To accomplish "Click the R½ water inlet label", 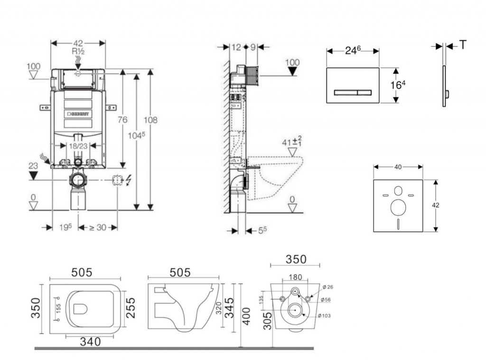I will (x=78, y=51).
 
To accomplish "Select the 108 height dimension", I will (x=151, y=120).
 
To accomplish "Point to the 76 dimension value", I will (x=122, y=120).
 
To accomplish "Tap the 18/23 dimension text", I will (x=77, y=146).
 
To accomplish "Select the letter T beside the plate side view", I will (x=462, y=45).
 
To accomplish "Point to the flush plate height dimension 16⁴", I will (x=398, y=85).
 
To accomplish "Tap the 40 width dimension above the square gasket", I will (x=398, y=167).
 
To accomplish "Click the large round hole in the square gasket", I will (x=398, y=208).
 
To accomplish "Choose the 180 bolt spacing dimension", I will (x=295, y=277).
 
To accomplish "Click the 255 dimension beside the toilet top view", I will (x=131, y=308).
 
